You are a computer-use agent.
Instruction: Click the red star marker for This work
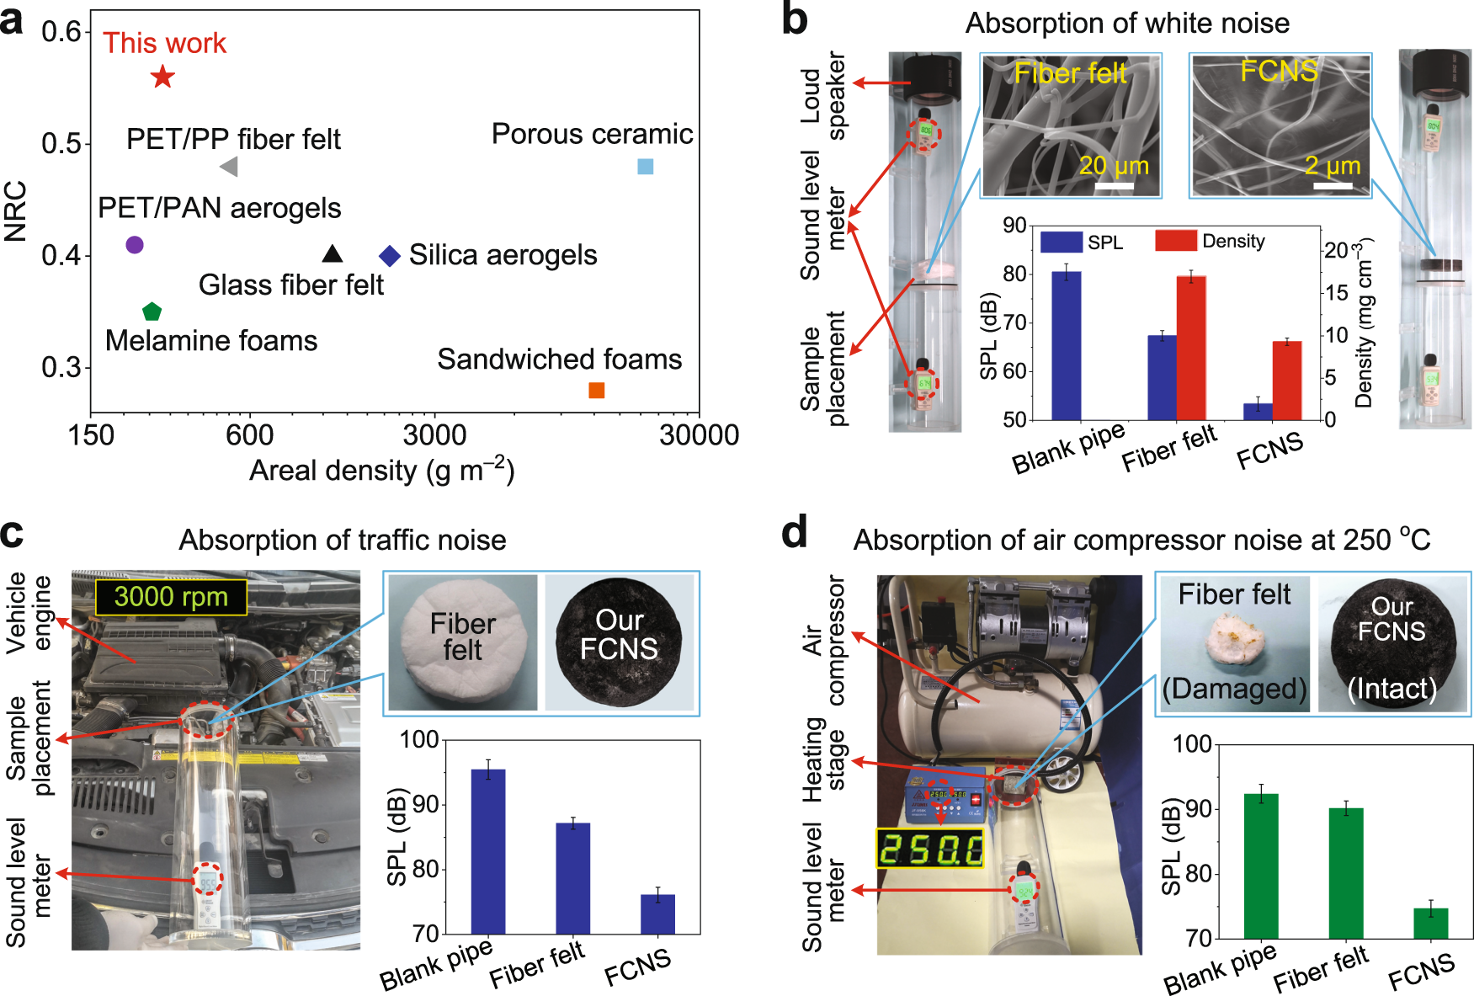pyautogui.click(x=162, y=77)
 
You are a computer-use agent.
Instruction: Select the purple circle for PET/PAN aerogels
pyautogui.click(x=135, y=245)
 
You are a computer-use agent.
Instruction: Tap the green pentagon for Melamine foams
pyautogui.click(x=152, y=312)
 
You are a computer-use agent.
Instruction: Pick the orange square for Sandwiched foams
pyautogui.click(x=596, y=390)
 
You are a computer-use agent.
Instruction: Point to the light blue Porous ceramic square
pyautogui.click(x=646, y=166)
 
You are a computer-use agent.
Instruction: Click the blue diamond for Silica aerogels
pyautogui.click(x=389, y=255)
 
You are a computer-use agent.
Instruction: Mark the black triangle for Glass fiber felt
pyautogui.click(x=333, y=253)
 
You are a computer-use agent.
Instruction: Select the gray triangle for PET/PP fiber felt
pyautogui.click(x=229, y=167)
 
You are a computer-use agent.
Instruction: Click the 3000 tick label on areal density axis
pyautogui.click(x=434, y=435)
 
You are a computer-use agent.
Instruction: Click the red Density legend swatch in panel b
pyautogui.click(x=1176, y=241)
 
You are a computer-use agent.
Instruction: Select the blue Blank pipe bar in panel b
pyautogui.click(x=1067, y=345)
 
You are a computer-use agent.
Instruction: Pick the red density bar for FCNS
pyautogui.click(x=1287, y=381)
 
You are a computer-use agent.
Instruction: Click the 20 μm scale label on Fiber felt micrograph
pyautogui.click(x=1114, y=166)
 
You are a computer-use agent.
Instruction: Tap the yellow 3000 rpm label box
pyautogui.click(x=171, y=597)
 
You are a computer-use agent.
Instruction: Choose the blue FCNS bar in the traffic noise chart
pyautogui.click(x=657, y=914)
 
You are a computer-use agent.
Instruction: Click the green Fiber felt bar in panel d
pyautogui.click(x=1346, y=873)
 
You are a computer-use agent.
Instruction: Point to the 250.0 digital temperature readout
pyautogui.click(x=929, y=849)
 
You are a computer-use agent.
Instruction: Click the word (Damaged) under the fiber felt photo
pyautogui.click(x=1234, y=689)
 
